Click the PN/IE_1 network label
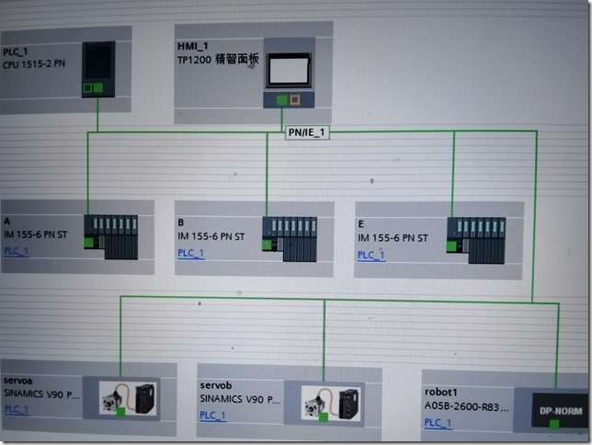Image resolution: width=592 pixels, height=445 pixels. (307, 132)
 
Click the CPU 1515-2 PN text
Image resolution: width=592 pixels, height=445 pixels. (36, 64)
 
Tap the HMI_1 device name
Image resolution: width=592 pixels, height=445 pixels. (193, 45)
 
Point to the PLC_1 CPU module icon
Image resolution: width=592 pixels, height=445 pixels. (97, 67)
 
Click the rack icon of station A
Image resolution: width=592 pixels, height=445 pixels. (111, 237)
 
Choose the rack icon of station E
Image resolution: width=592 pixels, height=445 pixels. (476, 239)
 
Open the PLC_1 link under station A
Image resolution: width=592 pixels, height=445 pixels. (16, 252)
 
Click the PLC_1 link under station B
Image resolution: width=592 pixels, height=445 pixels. (191, 253)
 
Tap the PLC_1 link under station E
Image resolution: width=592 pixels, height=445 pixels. (371, 255)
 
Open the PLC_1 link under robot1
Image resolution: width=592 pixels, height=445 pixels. (438, 423)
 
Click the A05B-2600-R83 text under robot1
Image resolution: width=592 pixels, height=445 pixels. (466, 405)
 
